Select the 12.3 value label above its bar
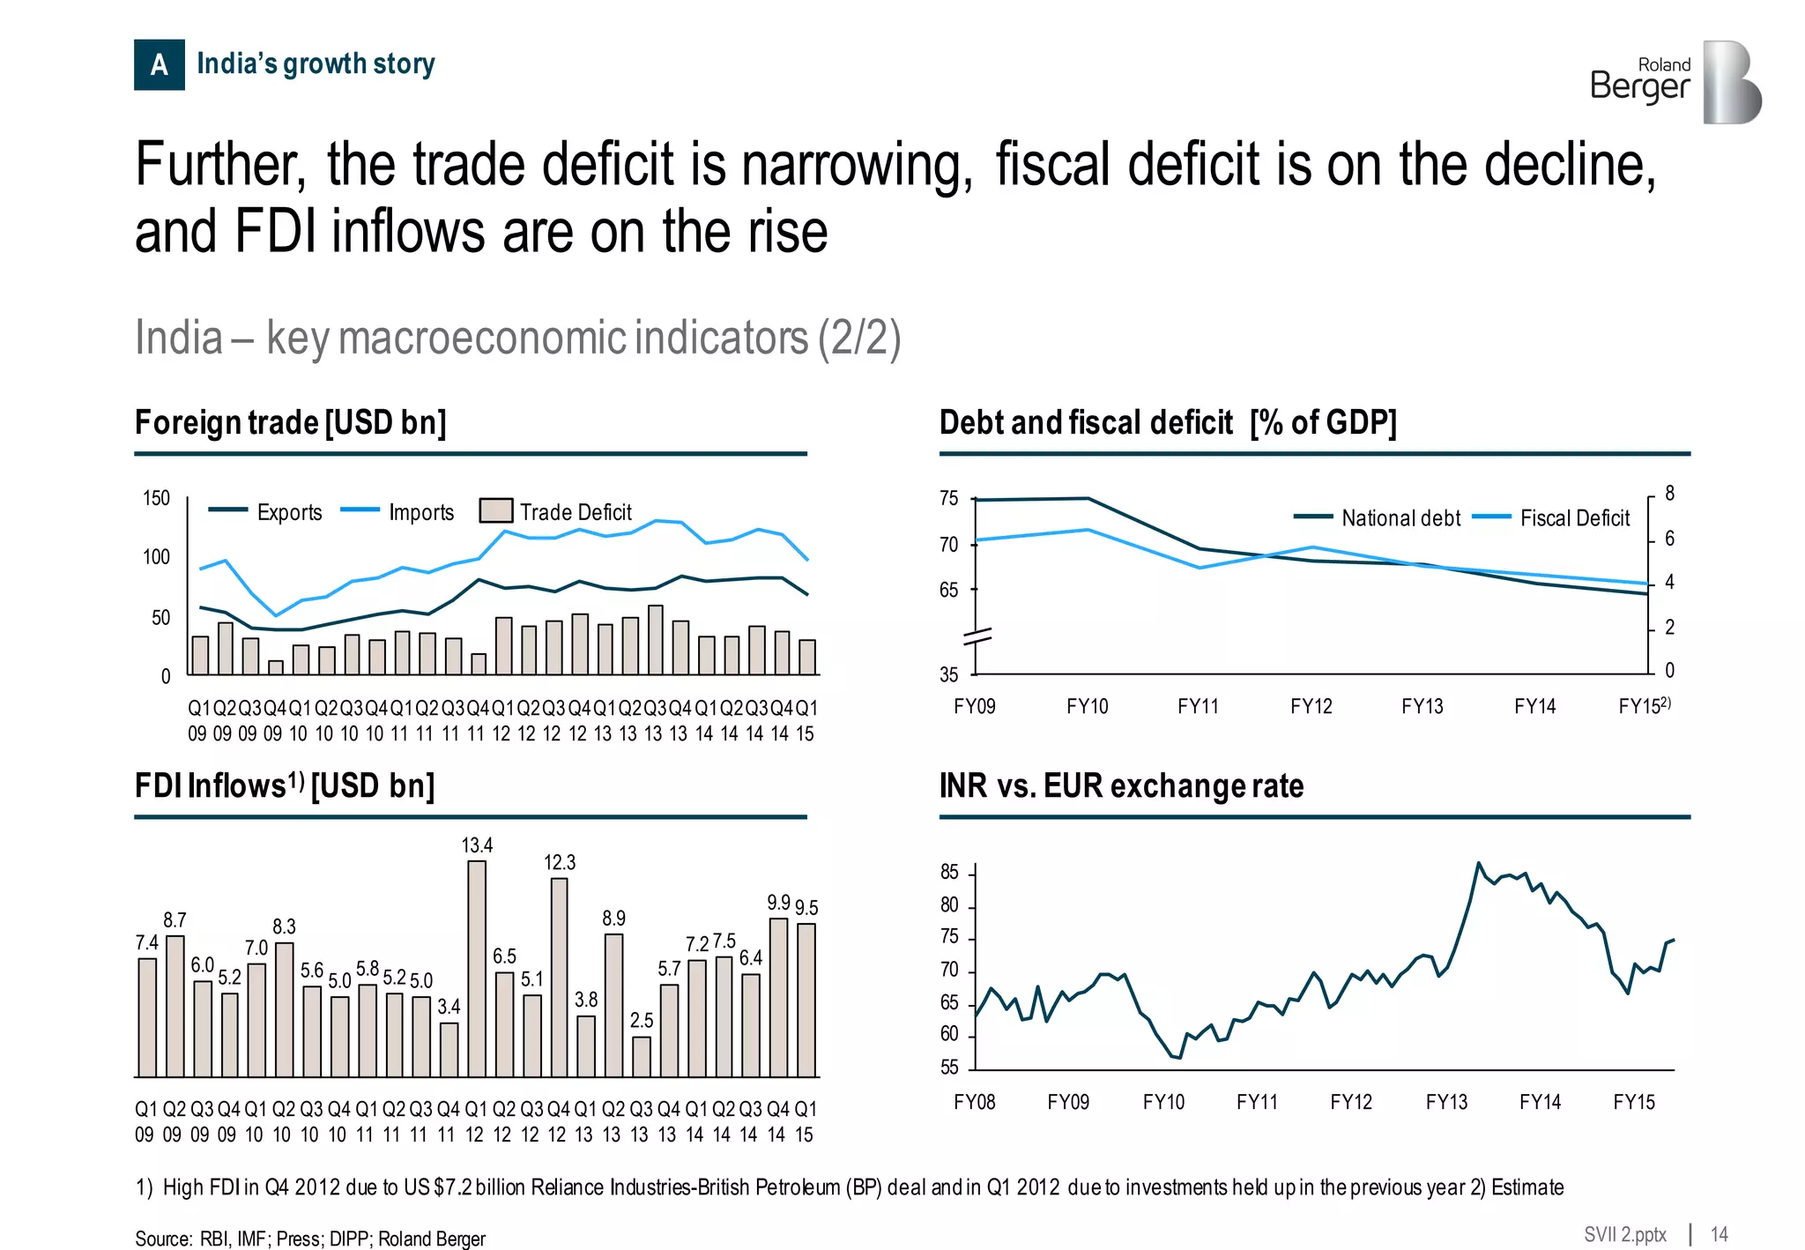(560, 862)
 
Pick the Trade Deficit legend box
(496, 511)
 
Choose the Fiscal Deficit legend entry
(1552, 518)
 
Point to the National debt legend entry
(1378, 518)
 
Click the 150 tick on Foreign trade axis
(156, 498)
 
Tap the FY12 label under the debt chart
(1311, 706)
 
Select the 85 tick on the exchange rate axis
(949, 873)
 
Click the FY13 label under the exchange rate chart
(1446, 1102)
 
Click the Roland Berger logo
(1675, 81)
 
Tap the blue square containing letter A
(160, 64)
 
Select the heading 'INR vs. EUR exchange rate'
(1121, 785)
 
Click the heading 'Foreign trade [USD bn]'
(291, 422)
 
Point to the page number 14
(1719, 1234)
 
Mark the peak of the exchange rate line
(1478, 863)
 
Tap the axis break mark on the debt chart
(977, 636)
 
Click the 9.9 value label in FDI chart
(778, 903)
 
